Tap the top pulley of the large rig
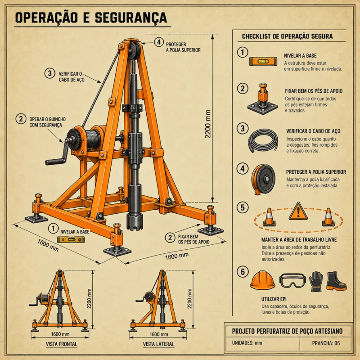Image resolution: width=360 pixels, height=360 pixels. (134, 50)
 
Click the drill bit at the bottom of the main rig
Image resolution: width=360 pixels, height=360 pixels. (135, 221)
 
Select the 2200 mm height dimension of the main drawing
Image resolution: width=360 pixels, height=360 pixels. (208, 124)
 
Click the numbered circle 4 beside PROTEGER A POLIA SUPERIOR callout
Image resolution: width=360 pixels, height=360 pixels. (159, 42)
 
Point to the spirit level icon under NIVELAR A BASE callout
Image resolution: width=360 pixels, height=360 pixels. (71, 239)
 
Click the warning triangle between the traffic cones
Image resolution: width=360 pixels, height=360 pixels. (298, 211)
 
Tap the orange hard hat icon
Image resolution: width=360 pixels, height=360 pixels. (262, 280)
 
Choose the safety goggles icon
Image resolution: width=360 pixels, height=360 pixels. (292, 280)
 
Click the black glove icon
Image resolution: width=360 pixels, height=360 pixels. (316, 282)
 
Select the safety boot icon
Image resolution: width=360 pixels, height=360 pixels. (336, 281)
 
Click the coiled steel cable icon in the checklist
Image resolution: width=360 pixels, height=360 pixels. (263, 140)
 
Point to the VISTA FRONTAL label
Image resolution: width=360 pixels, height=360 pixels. (61, 344)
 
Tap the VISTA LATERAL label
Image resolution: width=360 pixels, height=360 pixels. (158, 344)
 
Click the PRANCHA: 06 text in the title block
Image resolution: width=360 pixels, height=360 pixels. (325, 343)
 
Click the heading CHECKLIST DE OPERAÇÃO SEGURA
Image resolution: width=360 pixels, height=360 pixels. (287, 36)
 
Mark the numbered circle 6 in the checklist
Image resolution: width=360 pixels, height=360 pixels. (243, 272)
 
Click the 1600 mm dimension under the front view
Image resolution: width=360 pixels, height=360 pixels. (60, 334)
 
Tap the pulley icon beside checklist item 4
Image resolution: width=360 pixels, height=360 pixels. (263, 179)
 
